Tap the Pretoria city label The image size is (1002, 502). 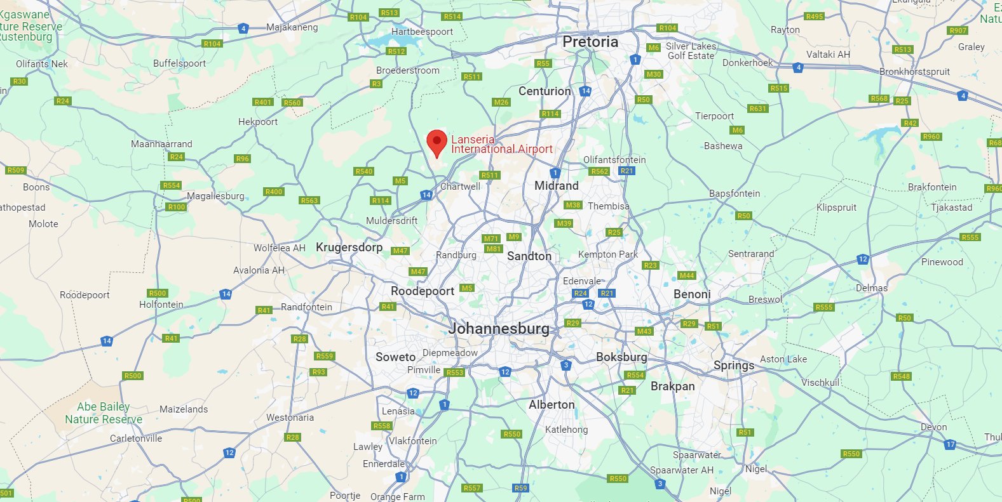coord(590,42)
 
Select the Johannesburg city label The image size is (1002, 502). coord(499,329)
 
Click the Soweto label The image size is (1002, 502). coord(395,357)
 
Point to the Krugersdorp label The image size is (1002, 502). coord(349,248)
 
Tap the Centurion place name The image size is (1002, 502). coord(545,91)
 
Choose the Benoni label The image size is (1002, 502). coord(692,294)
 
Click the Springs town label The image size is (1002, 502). coord(733,366)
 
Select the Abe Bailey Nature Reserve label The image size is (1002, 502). coord(104,413)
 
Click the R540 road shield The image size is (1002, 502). coord(364,171)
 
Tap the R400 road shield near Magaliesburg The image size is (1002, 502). coord(274,192)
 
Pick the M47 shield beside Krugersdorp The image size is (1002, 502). coord(400,251)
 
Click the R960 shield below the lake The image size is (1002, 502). coord(931,136)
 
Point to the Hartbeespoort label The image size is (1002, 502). coord(422,32)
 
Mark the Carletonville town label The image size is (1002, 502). coord(136,439)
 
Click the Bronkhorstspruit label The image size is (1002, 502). coord(914,72)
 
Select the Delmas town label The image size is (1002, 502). coord(871,288)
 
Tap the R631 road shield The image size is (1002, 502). coord(757,109)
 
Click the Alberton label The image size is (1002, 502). coord(552,405)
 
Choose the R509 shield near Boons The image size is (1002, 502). coord(15,170)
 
